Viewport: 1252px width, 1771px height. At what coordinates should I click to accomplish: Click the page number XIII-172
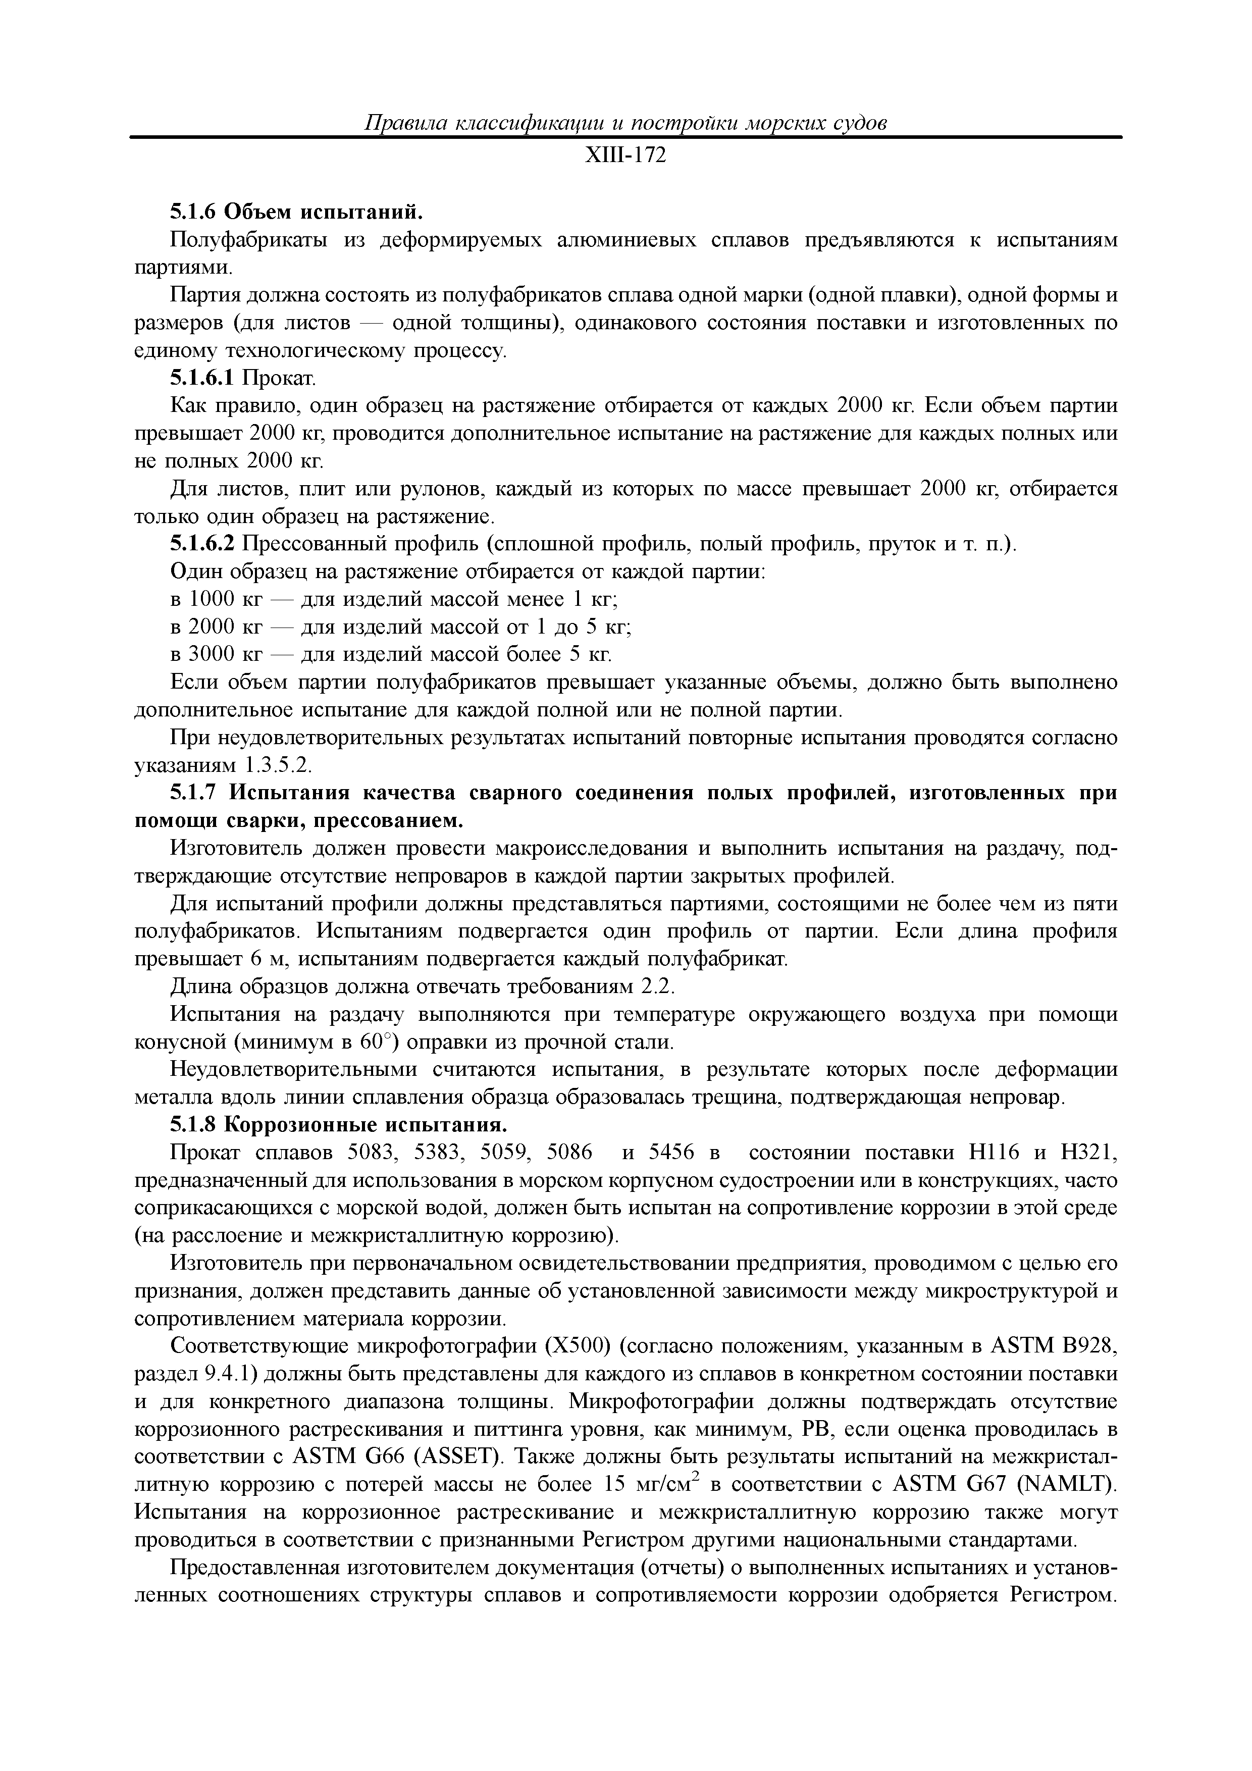pyautogui.click(x=625, y=156)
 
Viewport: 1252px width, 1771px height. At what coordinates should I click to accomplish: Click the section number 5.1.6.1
pyautogui.click(x=201, y=378)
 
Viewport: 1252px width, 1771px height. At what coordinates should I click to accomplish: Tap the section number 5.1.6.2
pyautogui.click(x=201, y=545)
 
